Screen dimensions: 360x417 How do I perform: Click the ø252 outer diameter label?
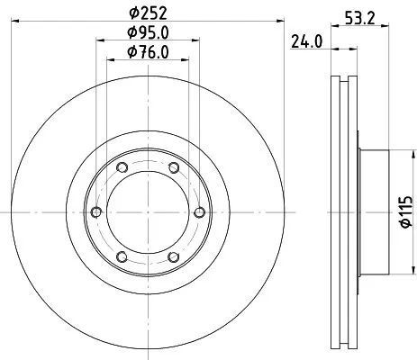point(147,13)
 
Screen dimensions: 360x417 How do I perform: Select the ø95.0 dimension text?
point(147,35)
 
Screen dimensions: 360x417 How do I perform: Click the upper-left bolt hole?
point(122,167)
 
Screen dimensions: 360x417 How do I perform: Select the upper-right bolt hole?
point(172,167)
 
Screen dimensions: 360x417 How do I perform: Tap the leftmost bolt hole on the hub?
point(96,211)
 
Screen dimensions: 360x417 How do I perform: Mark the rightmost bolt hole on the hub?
point(197,211)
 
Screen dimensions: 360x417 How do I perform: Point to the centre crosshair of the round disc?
point(147,211)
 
